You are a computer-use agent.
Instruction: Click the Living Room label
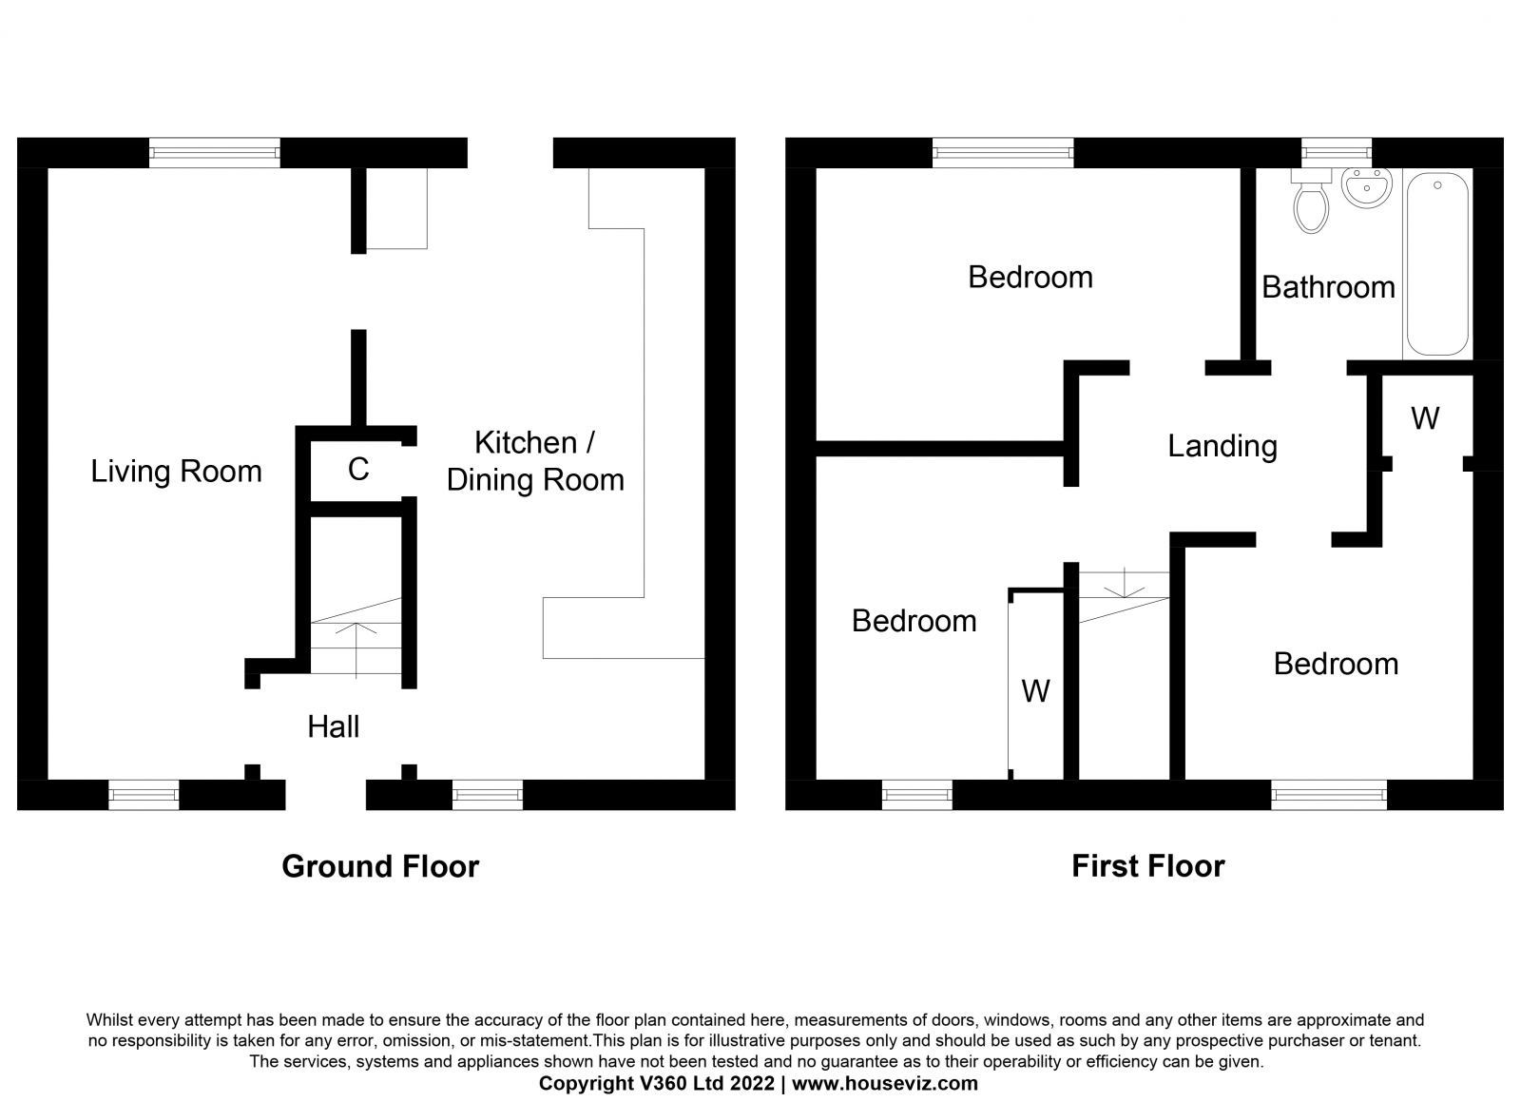[x=177, y=472]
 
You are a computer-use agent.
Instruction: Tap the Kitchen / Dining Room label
[x=535, y=461]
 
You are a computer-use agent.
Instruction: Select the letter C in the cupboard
[x=358, y=469]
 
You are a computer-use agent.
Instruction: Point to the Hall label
[x=334, y=726]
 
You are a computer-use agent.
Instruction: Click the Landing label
[x=1223, y=446]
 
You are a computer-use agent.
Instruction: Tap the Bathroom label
[x=1328, y=287]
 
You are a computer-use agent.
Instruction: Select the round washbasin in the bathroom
[x=1367, y=188]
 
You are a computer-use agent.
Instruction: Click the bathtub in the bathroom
[x=1438, y=263]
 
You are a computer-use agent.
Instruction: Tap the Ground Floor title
[x=380, y=866]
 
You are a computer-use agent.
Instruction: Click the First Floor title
[x=1148, y=866]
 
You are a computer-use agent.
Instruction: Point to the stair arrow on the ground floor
[x=356, y=649]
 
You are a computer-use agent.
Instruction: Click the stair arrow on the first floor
[x=1125, y=583]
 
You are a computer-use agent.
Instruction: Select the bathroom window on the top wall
[x=1337, y=153]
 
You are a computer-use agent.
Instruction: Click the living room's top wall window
[x=215, y=153]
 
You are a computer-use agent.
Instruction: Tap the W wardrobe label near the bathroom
[x=1425, y=418]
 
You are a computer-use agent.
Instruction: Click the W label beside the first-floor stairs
[x=1035, y=691]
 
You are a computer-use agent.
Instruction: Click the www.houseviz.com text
[x=885, y=1084]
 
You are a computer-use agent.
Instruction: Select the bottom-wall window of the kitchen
[x=488, y=795]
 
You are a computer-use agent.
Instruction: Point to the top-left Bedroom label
[x=1030, y=277]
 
